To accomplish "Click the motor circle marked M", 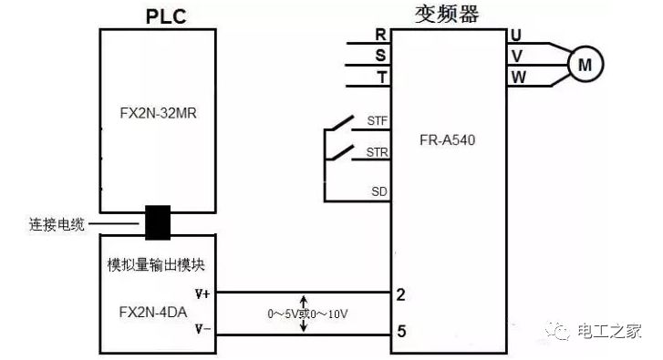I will point(586,63).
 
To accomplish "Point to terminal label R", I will point(380,35).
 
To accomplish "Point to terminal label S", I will point(380,56).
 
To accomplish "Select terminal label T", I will point(380,77).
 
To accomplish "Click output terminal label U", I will point(517,36).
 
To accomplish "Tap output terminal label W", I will point(518,77).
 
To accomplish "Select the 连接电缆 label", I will point(56,221).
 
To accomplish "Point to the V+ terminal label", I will point(202,293).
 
